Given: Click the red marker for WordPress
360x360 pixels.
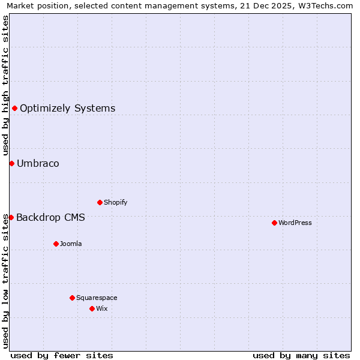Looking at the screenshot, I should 274,223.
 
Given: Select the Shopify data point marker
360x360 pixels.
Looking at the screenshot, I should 100,202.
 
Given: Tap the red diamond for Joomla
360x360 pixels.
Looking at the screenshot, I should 56,244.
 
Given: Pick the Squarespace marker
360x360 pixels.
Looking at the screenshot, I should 72,298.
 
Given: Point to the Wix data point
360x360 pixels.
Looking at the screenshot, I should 92,308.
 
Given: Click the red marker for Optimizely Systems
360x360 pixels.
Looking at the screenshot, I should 14,108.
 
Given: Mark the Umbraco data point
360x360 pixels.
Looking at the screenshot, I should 11,163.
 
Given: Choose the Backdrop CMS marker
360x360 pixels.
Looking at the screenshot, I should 11,217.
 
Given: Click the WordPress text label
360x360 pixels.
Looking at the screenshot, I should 295,223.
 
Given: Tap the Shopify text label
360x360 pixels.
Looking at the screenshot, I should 116,202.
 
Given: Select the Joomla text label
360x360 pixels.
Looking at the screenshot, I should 71,244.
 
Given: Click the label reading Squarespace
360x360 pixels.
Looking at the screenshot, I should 97,298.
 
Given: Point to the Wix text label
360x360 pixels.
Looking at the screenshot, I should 101,308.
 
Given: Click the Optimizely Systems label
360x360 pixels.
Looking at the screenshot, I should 68,109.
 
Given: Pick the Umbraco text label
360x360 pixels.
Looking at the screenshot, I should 38,164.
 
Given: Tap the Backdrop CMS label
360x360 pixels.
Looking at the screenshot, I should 50,218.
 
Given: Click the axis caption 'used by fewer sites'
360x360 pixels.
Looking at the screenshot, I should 62,355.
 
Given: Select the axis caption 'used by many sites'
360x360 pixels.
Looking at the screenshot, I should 301,355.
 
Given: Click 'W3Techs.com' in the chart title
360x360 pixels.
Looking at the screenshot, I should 327,6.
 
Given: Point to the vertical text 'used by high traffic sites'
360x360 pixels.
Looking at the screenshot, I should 6,85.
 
